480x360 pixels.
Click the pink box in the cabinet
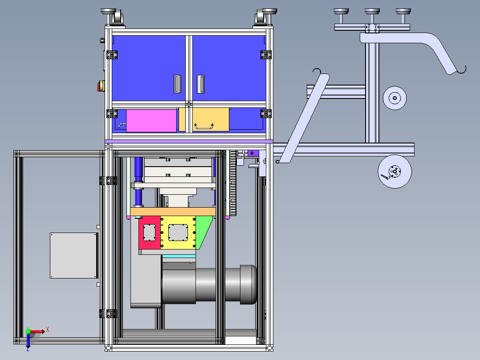151,121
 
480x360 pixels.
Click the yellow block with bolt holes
178,233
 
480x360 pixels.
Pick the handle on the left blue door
177,84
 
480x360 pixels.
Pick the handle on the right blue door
200,84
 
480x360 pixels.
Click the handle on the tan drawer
203,126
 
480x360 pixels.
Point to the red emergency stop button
101,86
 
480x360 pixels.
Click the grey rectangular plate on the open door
73,256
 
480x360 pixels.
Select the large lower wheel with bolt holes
395,172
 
